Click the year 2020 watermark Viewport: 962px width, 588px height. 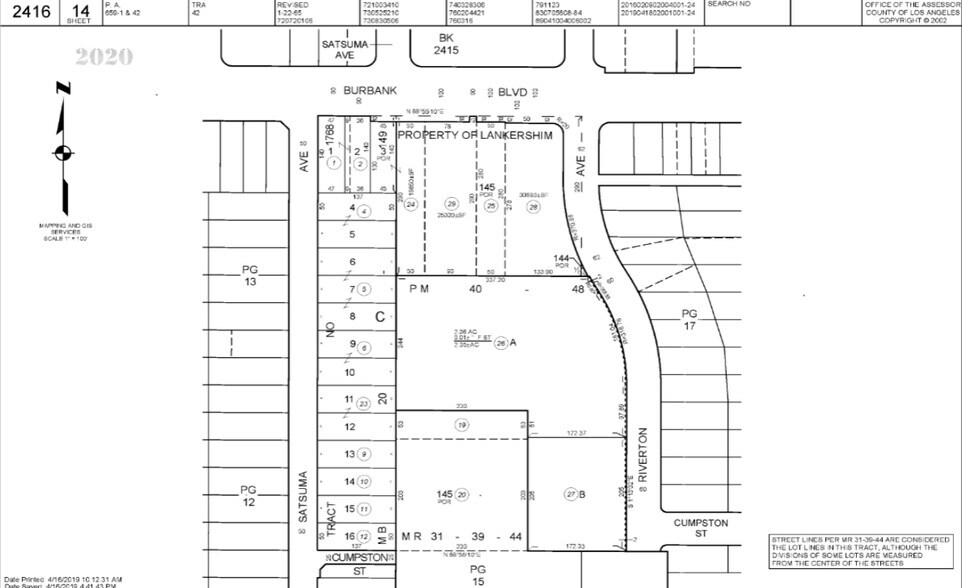click(104, 56)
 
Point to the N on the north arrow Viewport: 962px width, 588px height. click(62, 87)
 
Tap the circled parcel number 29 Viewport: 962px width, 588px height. click(450, 205)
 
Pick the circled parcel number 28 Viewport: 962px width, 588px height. click(533, 206)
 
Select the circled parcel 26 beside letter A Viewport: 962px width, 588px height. click(501, 342)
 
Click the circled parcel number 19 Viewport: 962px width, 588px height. click(462, 425)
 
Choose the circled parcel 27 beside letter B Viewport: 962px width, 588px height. click(571, 493)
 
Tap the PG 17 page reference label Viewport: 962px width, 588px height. click(689, 319)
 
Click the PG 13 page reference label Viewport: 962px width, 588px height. click(250, 276)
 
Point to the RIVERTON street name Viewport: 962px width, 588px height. click(644, 456)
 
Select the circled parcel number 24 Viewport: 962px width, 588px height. click(409, 204)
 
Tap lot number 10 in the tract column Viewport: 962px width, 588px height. click(350, 372)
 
